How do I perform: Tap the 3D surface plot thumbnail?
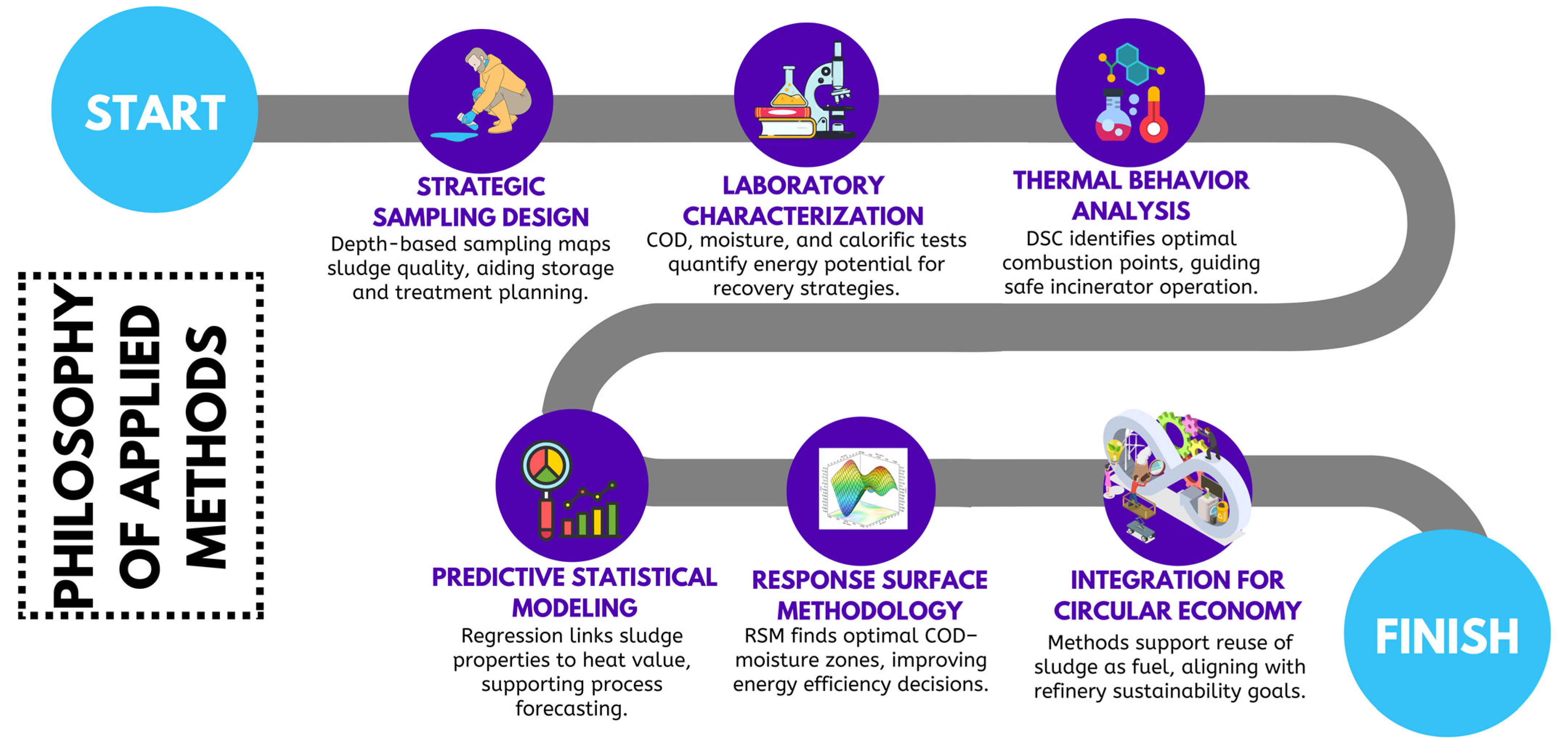(x=863, y=489)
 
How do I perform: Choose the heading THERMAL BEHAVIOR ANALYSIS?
(x=1131, y=195)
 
